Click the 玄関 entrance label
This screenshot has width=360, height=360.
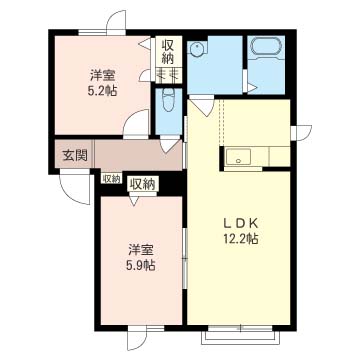[x=75, y=155]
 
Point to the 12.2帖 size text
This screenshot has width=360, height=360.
[x=241, y=239]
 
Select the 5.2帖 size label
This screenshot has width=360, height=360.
[x=102, y=91]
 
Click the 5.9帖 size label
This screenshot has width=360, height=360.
[x=140, y=265]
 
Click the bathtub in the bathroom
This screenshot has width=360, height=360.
[x=266, y=47]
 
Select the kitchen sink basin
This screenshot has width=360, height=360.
[x=238, y=157]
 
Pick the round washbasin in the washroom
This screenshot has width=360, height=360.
[x=195, y=49]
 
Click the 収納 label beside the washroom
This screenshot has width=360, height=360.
[x=168, y=52]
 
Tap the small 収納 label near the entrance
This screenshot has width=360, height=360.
[x=111, y=178]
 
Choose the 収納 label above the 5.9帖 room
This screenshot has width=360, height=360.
[x=143, y=184]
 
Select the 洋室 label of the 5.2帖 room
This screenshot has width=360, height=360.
[x=102, y=76]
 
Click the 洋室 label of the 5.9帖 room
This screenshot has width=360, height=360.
[x=140, y=250]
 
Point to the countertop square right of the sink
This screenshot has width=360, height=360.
[x=279, y=156]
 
